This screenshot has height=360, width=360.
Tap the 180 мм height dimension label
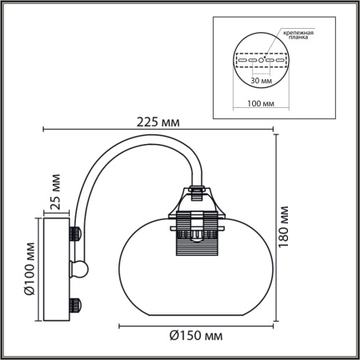(285, 228)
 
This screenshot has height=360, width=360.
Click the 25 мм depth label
(56, 190)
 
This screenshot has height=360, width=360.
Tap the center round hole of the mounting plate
(261, 60)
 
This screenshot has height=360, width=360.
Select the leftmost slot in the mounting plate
(242, 60)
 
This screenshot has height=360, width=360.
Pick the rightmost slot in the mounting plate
(280, 60)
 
